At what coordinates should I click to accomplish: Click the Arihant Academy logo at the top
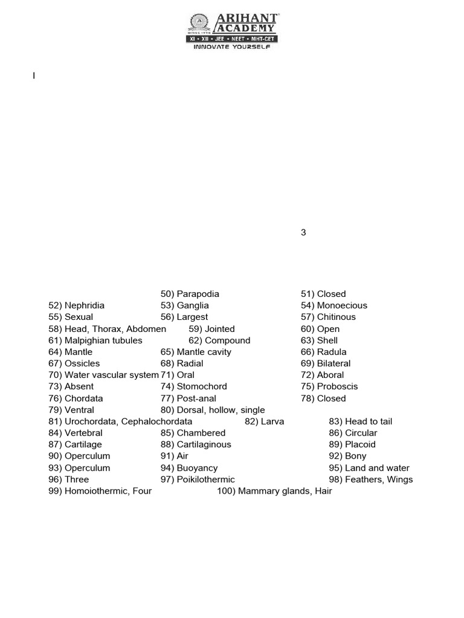[232, 28]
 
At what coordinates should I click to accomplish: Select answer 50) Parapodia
[190, 294]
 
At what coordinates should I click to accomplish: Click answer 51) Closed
[323, 294]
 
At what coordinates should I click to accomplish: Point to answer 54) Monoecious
[333, 305]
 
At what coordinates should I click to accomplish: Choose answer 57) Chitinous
[328, 317]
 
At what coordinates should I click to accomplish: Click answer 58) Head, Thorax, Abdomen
[107, 329]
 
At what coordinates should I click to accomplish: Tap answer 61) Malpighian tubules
[95, 340]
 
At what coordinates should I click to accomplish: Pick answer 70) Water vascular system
[103, 375]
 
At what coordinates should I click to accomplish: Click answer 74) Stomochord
[194, 386]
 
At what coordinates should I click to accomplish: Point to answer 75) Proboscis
[329, 386]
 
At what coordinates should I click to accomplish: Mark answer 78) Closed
[323, 398]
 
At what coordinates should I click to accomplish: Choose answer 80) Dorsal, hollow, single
[213, 410]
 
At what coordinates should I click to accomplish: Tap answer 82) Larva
[264, 421]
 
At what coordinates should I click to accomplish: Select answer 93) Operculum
[79, 468]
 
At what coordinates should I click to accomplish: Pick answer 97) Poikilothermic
[198, 479]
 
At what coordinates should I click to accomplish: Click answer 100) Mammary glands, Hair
[274, 491]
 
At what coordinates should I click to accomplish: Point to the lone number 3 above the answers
[303, 232]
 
